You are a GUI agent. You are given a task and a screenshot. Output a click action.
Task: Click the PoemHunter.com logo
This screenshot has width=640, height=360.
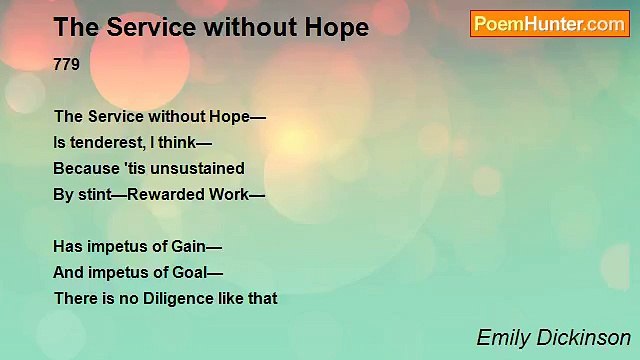549,24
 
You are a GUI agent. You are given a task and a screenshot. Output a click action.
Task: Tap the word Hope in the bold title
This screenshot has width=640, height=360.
338,28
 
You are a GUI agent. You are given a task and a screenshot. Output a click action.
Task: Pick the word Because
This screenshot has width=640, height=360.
86,168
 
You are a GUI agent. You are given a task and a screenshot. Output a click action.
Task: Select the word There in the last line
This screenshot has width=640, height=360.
74,298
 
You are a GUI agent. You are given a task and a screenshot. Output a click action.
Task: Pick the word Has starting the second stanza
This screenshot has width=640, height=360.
68,246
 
